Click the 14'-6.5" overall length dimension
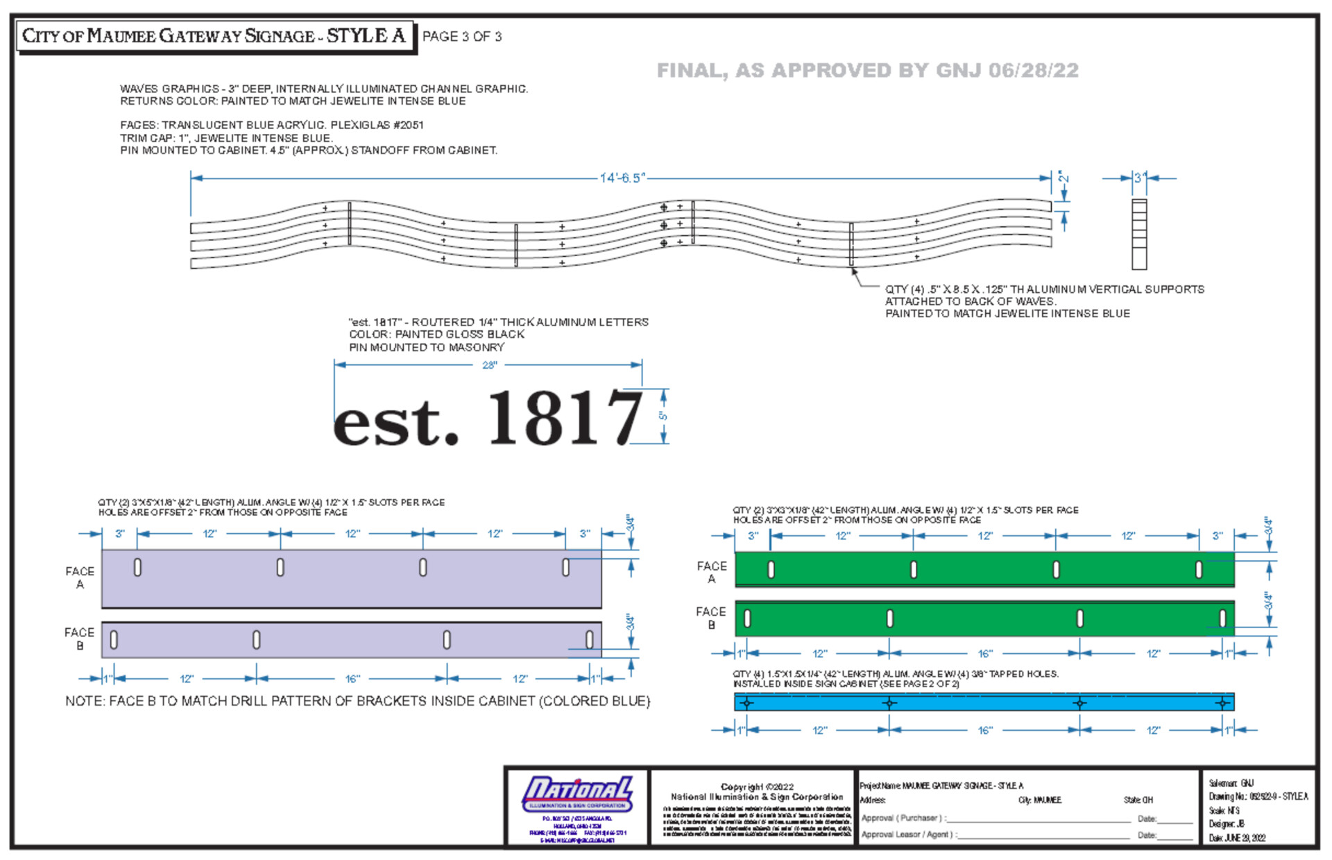622,178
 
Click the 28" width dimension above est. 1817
489,365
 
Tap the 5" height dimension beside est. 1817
663,416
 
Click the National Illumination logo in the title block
577,793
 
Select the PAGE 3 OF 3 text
461,37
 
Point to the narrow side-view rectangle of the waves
1139,234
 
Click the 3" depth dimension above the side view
1138,178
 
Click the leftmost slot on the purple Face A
137,567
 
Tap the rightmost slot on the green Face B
1222,618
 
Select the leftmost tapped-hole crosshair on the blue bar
746,703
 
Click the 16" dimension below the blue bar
984,730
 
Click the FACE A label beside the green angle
712,572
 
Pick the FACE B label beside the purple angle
79,639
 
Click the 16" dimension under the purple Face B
352,679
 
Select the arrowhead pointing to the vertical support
854,271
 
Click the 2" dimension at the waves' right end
1063,178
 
